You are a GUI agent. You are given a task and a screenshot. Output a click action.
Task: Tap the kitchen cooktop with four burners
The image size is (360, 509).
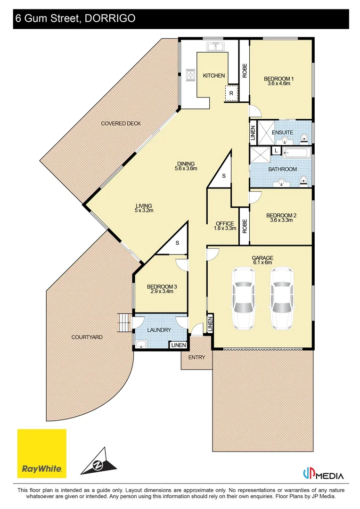point(190,75)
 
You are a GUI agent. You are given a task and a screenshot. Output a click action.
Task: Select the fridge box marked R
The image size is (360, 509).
point(231,93)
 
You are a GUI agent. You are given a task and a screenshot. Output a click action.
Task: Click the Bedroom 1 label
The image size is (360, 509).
point(279,79)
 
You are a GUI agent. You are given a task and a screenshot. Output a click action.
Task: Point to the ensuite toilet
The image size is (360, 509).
point(304,138)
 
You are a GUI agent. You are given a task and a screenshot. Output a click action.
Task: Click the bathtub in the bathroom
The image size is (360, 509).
point(297,153)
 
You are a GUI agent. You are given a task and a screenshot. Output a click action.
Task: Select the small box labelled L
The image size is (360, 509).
point(276,151)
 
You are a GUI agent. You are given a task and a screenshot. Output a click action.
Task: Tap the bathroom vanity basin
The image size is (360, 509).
point(281,183)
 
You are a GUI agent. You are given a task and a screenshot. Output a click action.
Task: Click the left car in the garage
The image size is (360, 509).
point(243,298)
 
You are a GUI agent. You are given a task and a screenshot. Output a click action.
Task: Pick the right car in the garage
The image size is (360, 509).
point(282,298)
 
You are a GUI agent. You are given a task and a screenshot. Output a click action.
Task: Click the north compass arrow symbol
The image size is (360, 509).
point(98,461)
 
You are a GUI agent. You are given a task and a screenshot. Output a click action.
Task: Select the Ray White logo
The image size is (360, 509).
point(42,453)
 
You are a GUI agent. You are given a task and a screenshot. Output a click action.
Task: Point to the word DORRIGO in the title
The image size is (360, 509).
point(110,18)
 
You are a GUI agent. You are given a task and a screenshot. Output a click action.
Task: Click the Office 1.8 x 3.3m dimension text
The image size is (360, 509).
point(225,228)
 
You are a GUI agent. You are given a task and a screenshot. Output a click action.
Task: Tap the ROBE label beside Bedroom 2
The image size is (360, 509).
point(245,226)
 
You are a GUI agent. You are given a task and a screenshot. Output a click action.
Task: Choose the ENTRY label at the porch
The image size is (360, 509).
point(196,357)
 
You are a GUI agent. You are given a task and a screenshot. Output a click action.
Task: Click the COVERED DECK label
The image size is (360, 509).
point(121,123)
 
